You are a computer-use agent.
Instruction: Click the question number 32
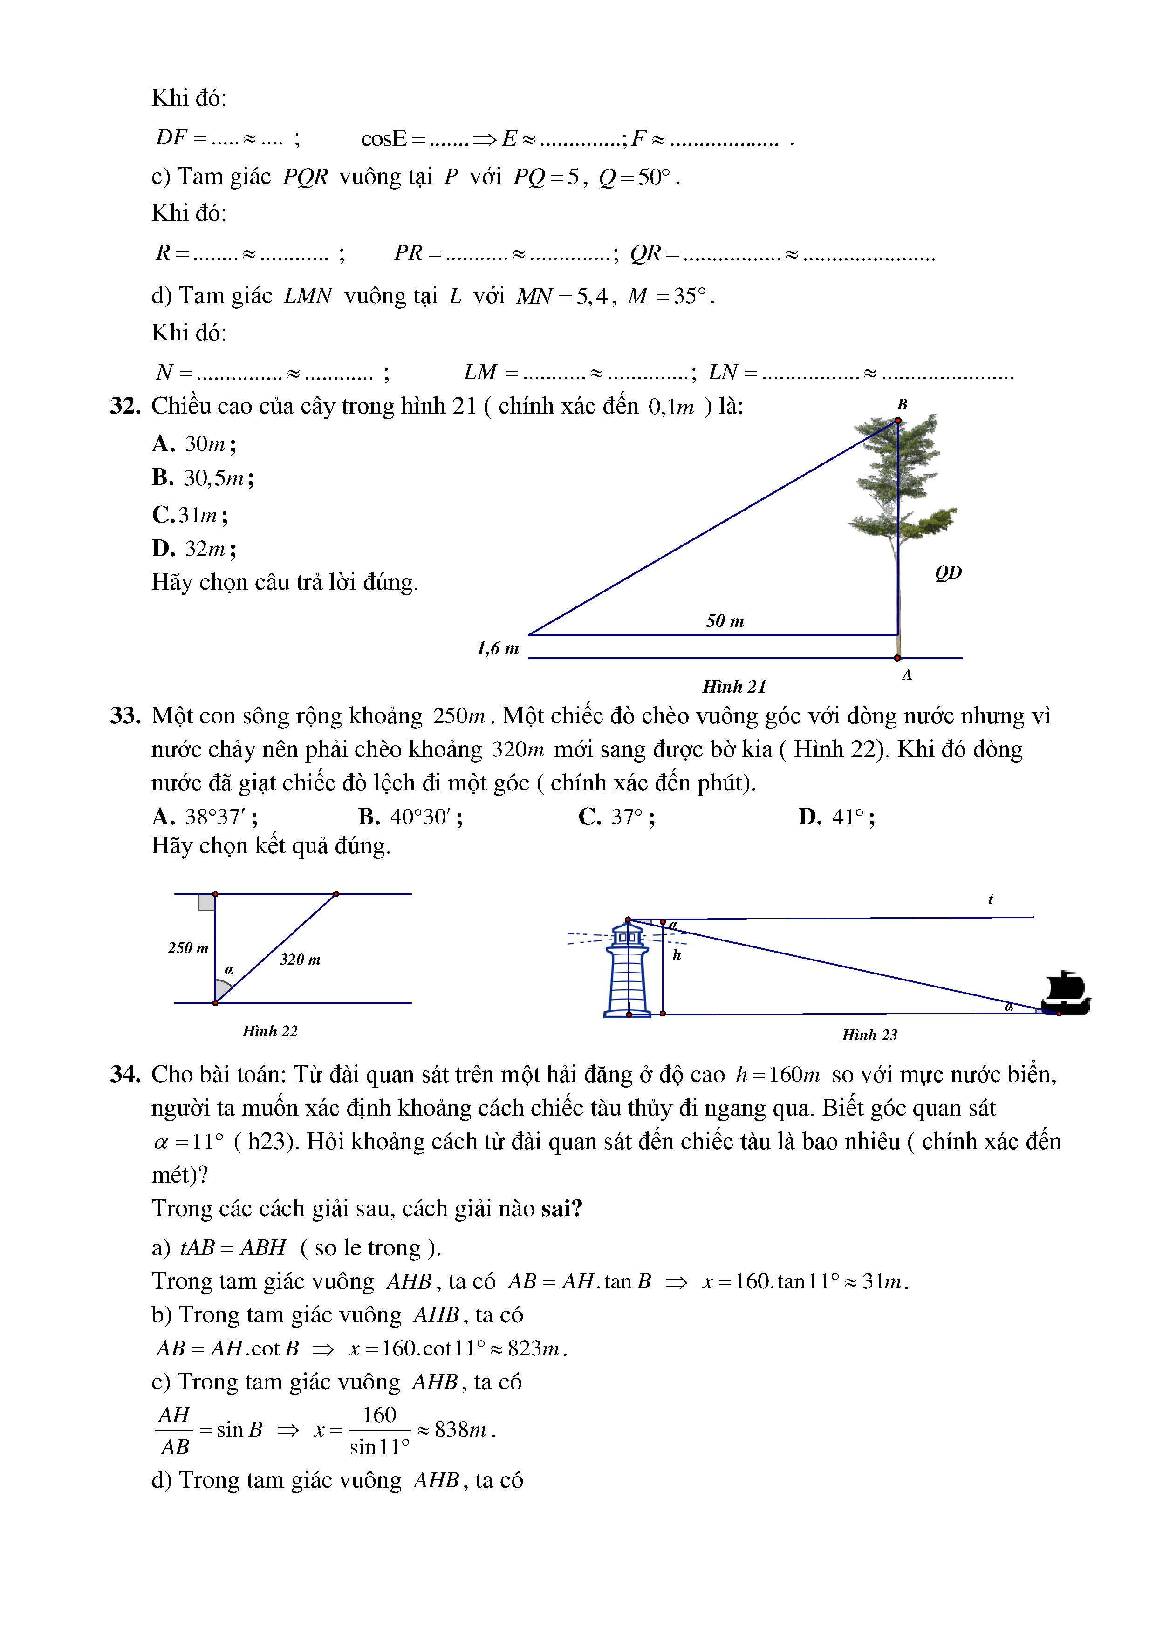click(x=125, y=406)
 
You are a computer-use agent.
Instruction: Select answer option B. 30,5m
click(x=203, y=477)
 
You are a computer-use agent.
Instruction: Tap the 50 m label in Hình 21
click(x=725, y=621)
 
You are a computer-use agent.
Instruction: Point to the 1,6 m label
click(x=498, y=648)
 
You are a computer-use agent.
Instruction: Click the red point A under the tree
click(x=897, y=658)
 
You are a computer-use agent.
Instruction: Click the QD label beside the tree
click(x=948, y=573)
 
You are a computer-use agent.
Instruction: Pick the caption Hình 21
click(x=734, y=687)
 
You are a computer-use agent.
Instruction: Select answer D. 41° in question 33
click(x=836, y=817)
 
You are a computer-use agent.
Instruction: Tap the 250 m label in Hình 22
click(x=188, y=948)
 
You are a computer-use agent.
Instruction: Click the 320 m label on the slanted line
click(x=300, y=960)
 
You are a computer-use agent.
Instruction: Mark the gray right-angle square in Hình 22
click(x=206, y=902)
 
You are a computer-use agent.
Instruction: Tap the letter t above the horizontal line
click(x=990, y=899)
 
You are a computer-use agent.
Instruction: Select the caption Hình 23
click(x=869, y=1035)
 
